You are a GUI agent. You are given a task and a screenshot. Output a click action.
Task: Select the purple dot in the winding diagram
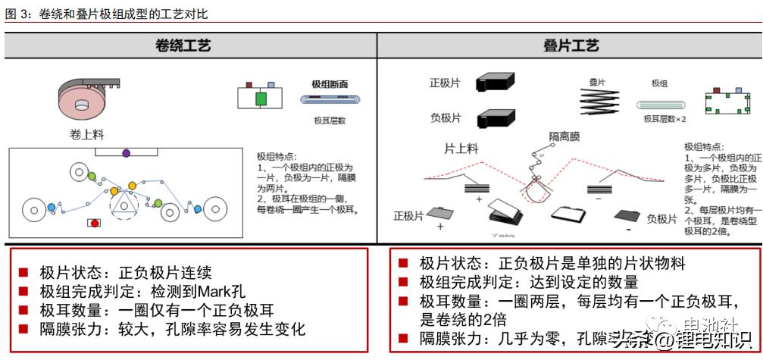126,153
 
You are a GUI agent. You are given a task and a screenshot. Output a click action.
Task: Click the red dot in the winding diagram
94,223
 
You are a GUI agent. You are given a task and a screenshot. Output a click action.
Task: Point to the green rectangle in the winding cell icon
261,99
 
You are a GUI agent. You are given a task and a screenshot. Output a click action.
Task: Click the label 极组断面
330,85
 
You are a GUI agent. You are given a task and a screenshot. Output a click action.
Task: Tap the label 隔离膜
564,136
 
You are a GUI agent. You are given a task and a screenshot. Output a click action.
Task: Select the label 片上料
461,149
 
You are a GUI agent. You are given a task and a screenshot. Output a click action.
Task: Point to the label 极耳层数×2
664,119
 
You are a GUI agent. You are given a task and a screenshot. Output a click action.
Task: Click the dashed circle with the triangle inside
125,202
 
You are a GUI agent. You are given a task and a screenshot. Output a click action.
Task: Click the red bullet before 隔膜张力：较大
23,329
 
